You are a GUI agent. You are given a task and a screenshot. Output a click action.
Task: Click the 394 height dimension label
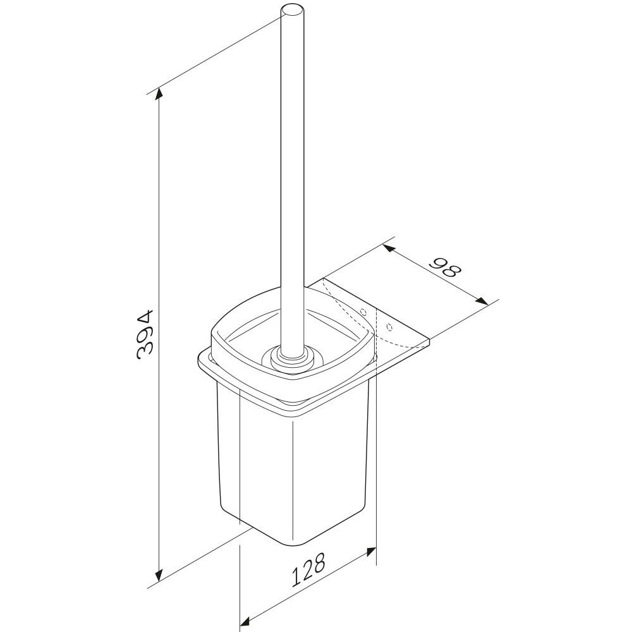[x=145, y=334]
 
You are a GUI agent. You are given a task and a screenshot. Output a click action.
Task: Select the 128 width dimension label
[x=308, y=569]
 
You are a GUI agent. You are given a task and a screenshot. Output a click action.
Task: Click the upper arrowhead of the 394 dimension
[x=160, y=94]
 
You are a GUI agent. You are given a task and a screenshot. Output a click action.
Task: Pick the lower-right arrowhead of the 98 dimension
[x=481, y=301]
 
